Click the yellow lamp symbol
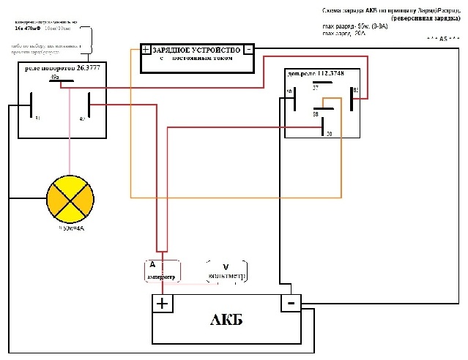click(x=70, y=198)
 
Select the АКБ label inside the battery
click(x=226, y=321)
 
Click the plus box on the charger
click(x=146, y=50)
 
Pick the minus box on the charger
click(x=249, y=50)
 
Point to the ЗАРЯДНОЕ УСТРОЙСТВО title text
click(x=196, y=50)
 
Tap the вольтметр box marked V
click(x=228, y=271)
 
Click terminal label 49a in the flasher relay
click(x=56, y=76)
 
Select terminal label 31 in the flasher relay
click(x=38, y=117)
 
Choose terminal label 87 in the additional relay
click(x=316, y=88)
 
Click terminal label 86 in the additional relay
click(x=290, y=91)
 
